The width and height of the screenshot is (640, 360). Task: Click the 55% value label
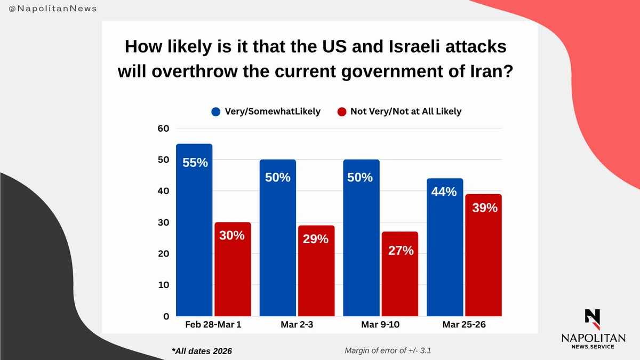[195, 163]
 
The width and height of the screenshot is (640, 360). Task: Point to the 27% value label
[401, 250]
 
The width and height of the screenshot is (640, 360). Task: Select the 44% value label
[444, 191]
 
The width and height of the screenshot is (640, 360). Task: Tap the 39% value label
[484, 208]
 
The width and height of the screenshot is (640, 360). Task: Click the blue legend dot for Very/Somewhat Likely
[216, 112]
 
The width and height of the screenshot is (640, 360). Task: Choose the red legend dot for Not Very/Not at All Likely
[342, 112]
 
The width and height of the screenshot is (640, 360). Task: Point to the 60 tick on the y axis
[163, 128]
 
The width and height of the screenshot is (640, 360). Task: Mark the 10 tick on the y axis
[163, 285]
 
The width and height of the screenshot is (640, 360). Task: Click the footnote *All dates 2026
[202, 350]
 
